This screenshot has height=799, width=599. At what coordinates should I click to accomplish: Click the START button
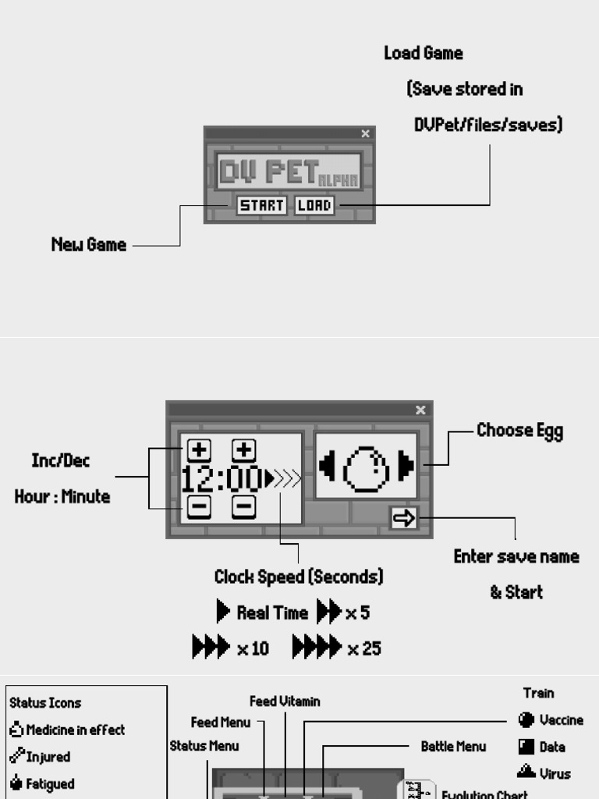click(x=261, y=206)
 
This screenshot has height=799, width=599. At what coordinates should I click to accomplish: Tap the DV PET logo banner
click(x=289, y=172)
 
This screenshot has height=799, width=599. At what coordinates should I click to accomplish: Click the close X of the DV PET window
click(x=365, y=133)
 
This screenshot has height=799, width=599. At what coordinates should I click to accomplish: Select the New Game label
click(x=88, y=245)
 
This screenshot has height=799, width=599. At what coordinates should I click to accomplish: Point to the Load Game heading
click(x=423, y=54)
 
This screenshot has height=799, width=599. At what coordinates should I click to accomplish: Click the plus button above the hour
click(x=200, y=450)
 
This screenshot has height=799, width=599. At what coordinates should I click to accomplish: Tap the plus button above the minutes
click(x=244, y=450)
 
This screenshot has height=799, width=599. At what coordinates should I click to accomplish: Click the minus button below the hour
click(x=200, y=508)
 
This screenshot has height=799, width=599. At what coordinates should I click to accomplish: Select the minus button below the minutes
click(x=244, y=508)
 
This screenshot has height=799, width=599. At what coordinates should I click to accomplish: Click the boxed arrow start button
click(x=404, y=517)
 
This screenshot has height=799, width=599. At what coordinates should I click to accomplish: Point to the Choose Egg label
click(x=519, y=431)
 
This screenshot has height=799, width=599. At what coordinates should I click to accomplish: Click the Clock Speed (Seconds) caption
click(x=299, y=577)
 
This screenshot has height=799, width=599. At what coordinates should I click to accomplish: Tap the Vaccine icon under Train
click(x=526, y=720)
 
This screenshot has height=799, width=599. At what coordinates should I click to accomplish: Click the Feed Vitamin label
click(x=285, y=701)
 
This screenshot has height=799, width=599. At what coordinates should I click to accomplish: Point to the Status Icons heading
click(x=45, y=703)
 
